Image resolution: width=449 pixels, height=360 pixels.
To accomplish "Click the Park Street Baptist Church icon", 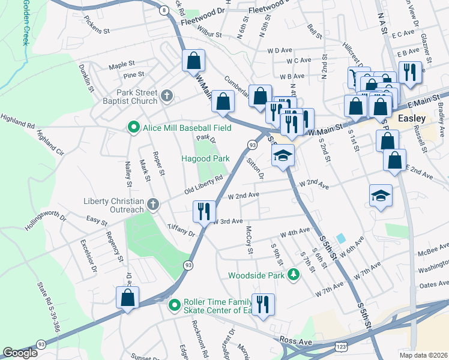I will click(x=167, y=95).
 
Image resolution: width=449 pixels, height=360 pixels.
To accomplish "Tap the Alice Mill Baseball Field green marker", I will click(x=133, y=127).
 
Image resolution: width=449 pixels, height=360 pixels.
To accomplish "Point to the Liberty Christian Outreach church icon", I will click(x=153, y=205).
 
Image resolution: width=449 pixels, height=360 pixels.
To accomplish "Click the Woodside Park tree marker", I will click(x=294, y=275).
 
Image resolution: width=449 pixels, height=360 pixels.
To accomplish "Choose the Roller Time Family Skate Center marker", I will click(x=175, y=305).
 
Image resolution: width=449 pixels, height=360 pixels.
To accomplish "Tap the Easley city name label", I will click(x=412, y=119).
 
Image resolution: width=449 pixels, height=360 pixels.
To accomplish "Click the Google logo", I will click(x=20, y=353).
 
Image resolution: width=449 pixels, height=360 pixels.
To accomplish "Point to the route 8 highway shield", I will click(x=163, y=10).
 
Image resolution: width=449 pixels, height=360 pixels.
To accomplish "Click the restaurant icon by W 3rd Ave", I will click(x=203, y=211).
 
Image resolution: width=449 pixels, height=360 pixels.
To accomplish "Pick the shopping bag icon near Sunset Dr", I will click(x=128, y=298).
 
